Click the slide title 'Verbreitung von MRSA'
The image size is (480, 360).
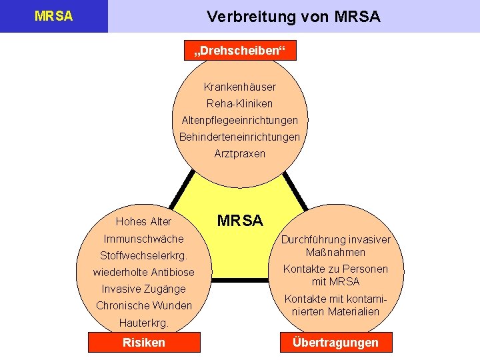(x=293, y=17)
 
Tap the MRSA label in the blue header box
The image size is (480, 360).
(x=53, y=16)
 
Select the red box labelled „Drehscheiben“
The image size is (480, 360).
(x=239, y=52)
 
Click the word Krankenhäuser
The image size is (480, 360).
(x=240, y=87)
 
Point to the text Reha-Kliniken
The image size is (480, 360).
(x=240, y=103)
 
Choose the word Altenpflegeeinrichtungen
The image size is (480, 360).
(x=240, y=120)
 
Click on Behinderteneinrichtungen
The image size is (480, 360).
(x=240, y=137)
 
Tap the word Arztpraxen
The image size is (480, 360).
(x=240, y=153)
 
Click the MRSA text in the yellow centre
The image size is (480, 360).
(x=240, y=221)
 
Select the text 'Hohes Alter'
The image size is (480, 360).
(x=143, y=222)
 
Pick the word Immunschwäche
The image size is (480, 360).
(x=143, y=239)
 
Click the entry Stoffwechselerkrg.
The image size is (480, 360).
(x=143, y=255)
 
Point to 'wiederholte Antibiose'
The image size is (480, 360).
(x=143, y=272)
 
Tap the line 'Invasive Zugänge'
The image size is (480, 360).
(x=143, y=289)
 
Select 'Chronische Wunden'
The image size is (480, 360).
(x=143, y=305)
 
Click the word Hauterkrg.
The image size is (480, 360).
(x=143, y=323)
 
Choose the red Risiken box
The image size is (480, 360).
(x=144, y=343)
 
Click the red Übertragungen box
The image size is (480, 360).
(x=335, y=343)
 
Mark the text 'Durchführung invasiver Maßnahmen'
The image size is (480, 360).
(x=335, y=246)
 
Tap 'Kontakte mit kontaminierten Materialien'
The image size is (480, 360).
(x=335, y=305)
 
